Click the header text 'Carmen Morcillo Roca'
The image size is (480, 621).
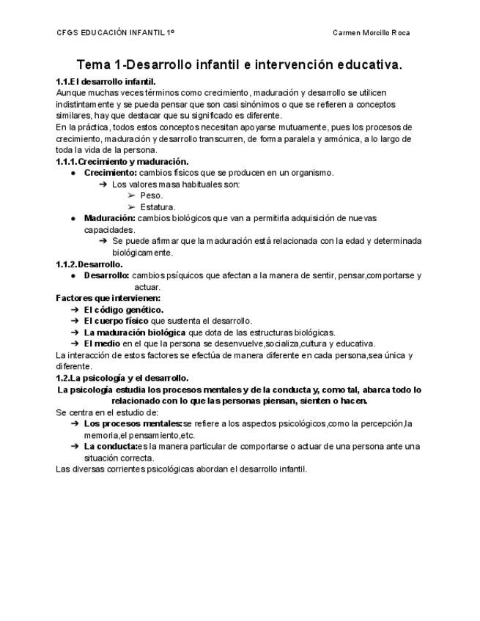pos(371,33)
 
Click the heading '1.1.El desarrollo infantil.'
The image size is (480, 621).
pos(106,81)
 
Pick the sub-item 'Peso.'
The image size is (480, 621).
pos(152,196)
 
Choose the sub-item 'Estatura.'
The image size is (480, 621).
pos(158,207)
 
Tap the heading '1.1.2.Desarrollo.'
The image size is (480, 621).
pos(89,264)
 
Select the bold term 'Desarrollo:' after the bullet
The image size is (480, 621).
pos(107,275)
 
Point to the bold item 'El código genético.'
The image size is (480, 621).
pos(124,310)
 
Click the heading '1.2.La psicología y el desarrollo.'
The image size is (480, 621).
pos(122,378)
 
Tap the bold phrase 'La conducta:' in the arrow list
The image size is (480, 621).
pos(110,446)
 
